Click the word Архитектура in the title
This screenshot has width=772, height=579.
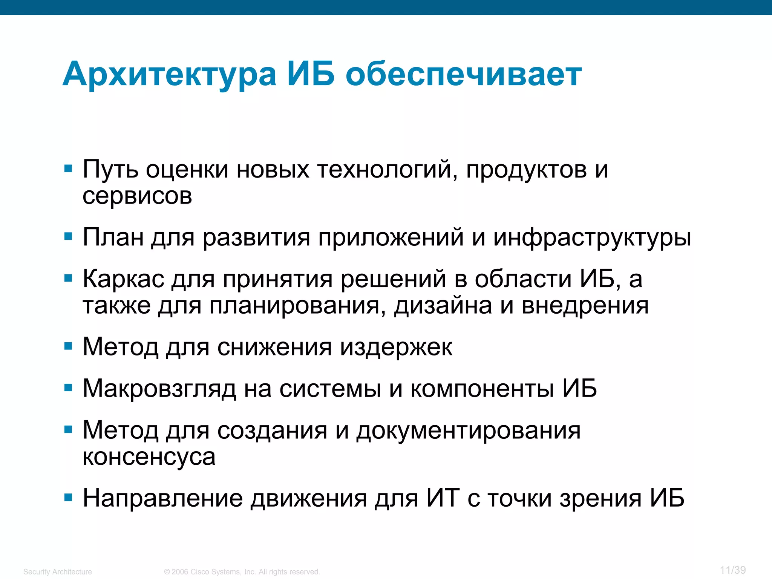(x=170, y=75)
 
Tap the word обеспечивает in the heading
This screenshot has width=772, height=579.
(x=464, y=75)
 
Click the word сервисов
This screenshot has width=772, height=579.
(x=137, y=196)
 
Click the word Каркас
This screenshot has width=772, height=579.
(x=124, y=279)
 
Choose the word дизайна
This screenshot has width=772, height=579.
(x=443, y=305)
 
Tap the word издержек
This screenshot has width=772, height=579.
(x=396, y=348)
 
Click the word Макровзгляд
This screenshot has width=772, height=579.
(x=159, y=389)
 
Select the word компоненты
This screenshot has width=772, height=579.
(x=482, y=388)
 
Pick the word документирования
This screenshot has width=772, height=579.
(x=468, y=430)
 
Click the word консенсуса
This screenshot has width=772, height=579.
(x=149, y=457)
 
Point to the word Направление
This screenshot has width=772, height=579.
(x=163, y=498)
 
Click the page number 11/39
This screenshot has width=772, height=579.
(x=732, y=570)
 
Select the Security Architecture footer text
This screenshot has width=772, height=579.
(x=58, y=572)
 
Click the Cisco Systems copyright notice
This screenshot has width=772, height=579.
(x=242, y=572)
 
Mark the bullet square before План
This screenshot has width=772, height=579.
(x=68, y=237)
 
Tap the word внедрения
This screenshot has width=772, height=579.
(x=585, y=305)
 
